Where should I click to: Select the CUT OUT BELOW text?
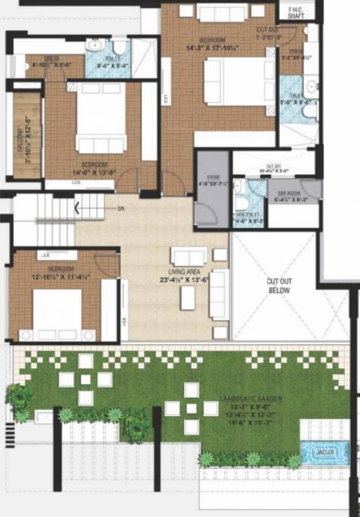[x=278, y=285]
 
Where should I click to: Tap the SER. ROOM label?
[x=293, y=193]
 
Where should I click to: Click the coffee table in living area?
[x=188, y=298]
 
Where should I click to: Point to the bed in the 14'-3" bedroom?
[x=232, y=81]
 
